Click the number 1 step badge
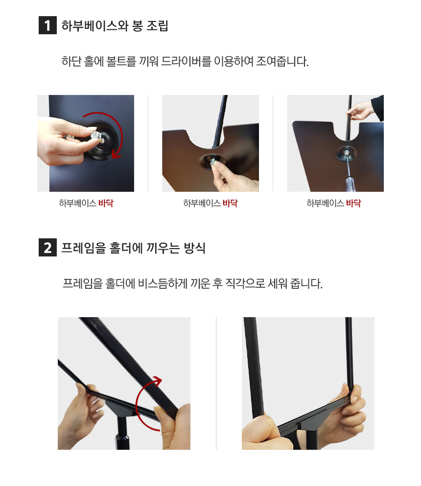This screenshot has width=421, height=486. pos(47,25)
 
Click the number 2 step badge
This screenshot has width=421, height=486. pos(47,247)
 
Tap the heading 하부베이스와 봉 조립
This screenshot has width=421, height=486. pos(115,25)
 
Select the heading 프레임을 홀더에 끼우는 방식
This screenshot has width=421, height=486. pos(133,248)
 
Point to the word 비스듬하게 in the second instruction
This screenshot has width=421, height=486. pos(163,283)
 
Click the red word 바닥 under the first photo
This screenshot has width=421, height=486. pos(106,203)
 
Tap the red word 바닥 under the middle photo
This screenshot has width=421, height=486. pos(230,203)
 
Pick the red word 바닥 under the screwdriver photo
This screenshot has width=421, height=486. pos(353,203)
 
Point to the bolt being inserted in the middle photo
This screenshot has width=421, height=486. pos(213,162)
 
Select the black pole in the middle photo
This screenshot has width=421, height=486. pos(220,121)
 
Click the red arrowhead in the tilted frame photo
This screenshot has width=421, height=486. pos(158,380)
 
